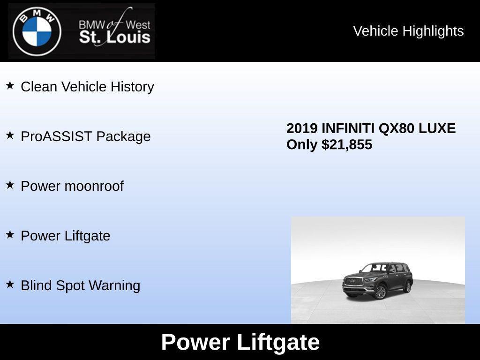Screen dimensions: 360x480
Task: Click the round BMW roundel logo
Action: point(37,32)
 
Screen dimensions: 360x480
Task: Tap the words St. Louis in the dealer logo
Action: point(114,37)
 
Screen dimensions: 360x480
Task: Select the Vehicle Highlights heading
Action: point(408,31)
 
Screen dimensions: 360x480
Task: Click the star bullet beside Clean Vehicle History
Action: point(10,85)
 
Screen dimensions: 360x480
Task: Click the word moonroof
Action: point(94,186)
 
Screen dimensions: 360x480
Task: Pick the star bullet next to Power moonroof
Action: point(10,185)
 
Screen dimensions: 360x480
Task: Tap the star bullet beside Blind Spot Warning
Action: point(10,284)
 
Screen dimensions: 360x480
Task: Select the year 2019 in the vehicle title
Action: point(302,128)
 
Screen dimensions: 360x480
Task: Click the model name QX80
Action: point(394,128)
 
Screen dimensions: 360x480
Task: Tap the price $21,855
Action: point(347,144)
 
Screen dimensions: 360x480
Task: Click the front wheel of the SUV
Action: point(380,292)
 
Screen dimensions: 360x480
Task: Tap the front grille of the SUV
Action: point(352,282)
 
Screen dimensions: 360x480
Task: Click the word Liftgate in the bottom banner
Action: point(278,342)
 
